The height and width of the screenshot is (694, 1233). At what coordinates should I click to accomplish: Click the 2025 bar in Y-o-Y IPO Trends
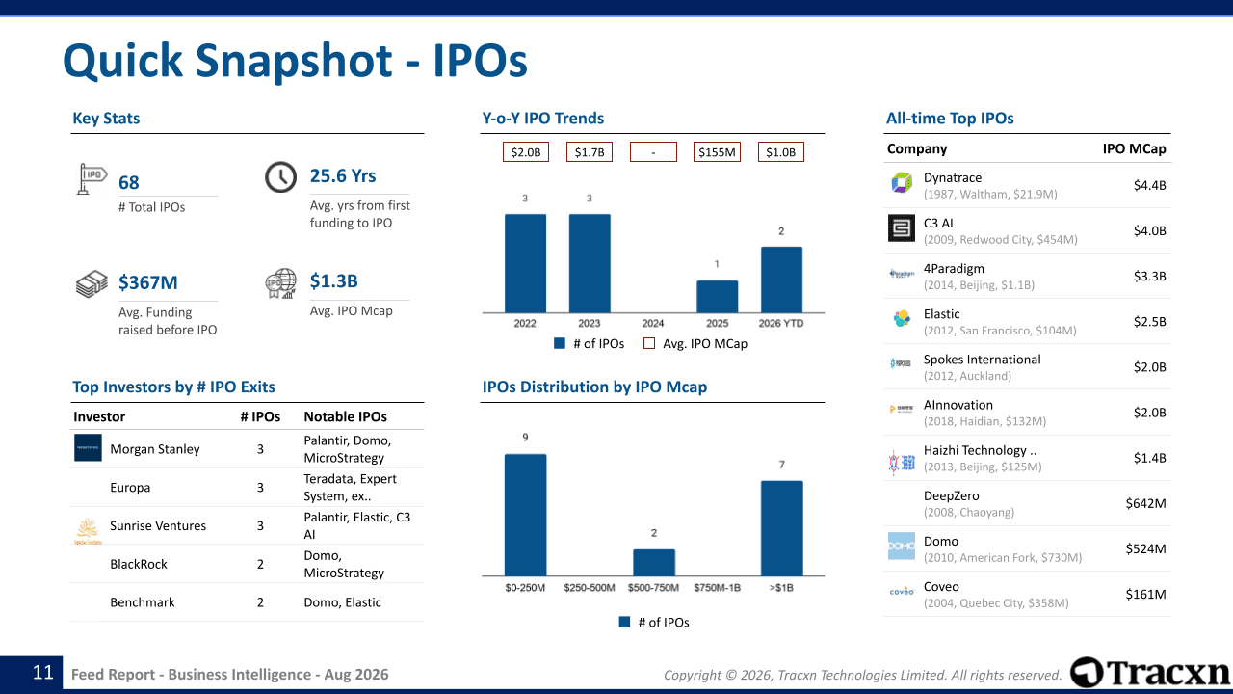[x=717, y=296]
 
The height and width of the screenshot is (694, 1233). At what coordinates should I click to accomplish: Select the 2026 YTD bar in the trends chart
[x=781, y=280]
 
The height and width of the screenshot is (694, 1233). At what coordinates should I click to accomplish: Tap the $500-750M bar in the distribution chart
[x=653, y=562]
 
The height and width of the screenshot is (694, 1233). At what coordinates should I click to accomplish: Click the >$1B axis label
[x=781, y=588]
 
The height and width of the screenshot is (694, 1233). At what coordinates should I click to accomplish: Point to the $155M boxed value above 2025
[x=717, y=152]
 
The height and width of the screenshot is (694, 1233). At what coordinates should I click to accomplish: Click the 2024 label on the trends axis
[x=653, y=323]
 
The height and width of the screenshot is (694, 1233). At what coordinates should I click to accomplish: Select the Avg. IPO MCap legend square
[x=649, y=343]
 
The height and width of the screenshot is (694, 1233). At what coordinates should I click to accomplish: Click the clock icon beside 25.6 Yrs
[x=280, y=176]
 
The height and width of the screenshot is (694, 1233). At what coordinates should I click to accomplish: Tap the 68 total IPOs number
[x=129, y=182]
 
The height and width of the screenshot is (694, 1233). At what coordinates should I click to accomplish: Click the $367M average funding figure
[x=148, y=282]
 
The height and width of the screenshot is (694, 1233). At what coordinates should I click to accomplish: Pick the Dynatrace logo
[x=902, y=182]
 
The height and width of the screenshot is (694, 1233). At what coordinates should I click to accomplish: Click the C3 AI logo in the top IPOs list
[x=902, y=228]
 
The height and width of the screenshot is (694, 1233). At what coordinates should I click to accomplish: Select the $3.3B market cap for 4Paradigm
[x=1149, y=276]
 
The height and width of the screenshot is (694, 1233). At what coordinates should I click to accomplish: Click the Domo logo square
[x=902, y=546]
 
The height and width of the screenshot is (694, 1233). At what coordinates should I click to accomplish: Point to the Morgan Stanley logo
[x=88, y=447]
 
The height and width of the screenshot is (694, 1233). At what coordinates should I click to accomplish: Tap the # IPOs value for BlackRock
[x=260, y=564]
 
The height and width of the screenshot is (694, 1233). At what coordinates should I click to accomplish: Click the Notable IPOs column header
[x=345, y=416]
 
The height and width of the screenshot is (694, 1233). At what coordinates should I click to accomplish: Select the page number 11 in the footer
[x=43, y=673]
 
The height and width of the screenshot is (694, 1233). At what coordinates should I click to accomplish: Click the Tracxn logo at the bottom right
[x=1149, y=672]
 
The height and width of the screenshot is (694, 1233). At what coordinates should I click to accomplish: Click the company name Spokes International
[x=982, y=360]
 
